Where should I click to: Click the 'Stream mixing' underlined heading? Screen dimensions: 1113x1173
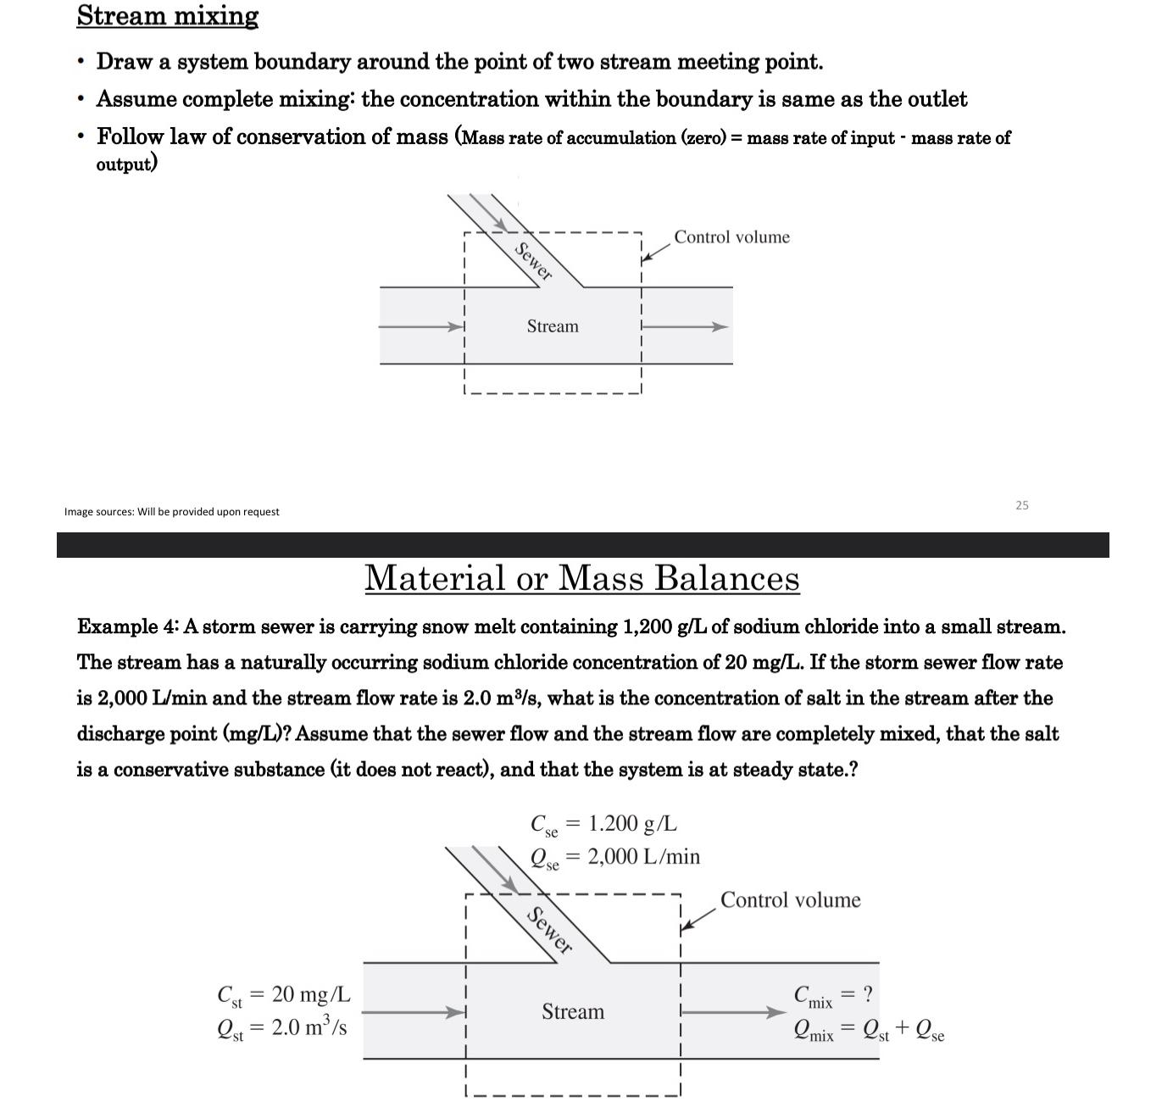coord(167,16)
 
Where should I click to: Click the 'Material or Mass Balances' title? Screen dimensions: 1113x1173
coord(581,578)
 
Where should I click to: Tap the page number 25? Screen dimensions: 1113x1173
coord(1021,505)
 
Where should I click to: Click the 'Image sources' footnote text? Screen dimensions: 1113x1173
coord(171,512)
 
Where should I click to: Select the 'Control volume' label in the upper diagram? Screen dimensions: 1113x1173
coord(731,237)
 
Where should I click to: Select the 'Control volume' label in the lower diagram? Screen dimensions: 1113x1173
coord(790,900)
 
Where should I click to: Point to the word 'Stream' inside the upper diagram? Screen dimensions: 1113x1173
coord(553,326)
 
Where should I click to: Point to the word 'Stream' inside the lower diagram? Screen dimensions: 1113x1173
coord(573,1011)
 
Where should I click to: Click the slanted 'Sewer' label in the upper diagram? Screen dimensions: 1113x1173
coord(534,261)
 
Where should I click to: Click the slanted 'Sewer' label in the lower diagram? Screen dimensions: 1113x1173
coord(549,930)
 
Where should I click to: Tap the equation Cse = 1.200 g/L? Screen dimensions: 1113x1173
coord(603,825)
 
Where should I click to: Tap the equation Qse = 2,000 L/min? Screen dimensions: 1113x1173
coord(614,858)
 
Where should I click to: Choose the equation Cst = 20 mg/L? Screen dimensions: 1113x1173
coord(284,995)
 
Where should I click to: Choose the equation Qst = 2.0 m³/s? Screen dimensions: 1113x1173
coord(281,1028)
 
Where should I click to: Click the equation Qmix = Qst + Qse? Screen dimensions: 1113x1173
coord(868,1030)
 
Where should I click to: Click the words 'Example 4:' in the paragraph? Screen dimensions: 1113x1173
coord(127,627)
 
